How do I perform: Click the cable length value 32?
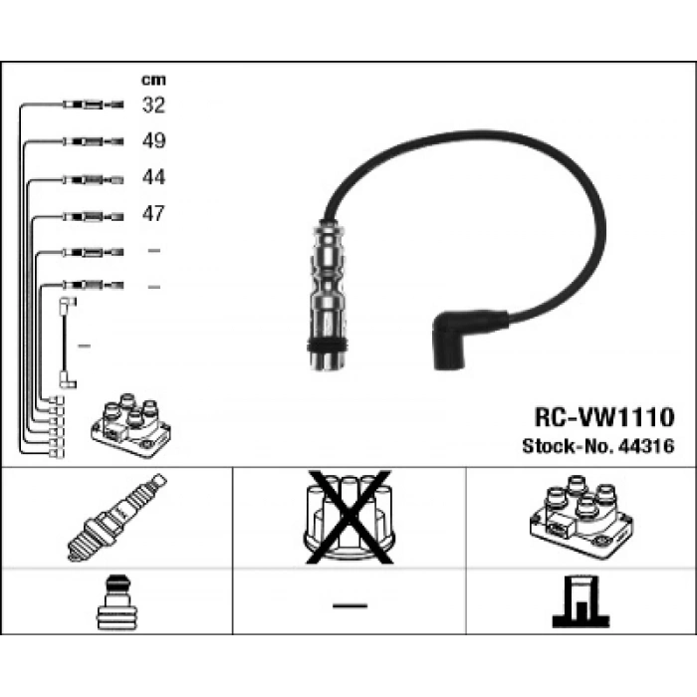tap(153, 105)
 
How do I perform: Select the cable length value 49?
tap(153, 140)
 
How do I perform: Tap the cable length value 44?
tap(153, 177)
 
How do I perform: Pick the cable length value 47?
tap(153, 213)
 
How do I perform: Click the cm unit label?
tap(153, 80)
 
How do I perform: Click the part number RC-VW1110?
tap(604, 417)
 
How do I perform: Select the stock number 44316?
tap(646, 446)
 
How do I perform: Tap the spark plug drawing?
tap(117, 518)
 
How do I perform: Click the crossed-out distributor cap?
tap(349, 518)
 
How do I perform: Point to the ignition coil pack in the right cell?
tap(581, 518)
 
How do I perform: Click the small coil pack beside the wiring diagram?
tap(130, 425)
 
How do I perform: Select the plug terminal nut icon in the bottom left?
tap(116, 601)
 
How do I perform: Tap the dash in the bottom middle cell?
tap(349, 605)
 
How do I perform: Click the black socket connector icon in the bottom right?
tap(581, 601)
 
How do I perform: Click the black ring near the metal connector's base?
tap(328, 345)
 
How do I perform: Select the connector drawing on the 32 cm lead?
tap(94, 105)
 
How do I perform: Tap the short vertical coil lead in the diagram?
tap(65, 343)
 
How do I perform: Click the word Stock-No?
tap(569, 446)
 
